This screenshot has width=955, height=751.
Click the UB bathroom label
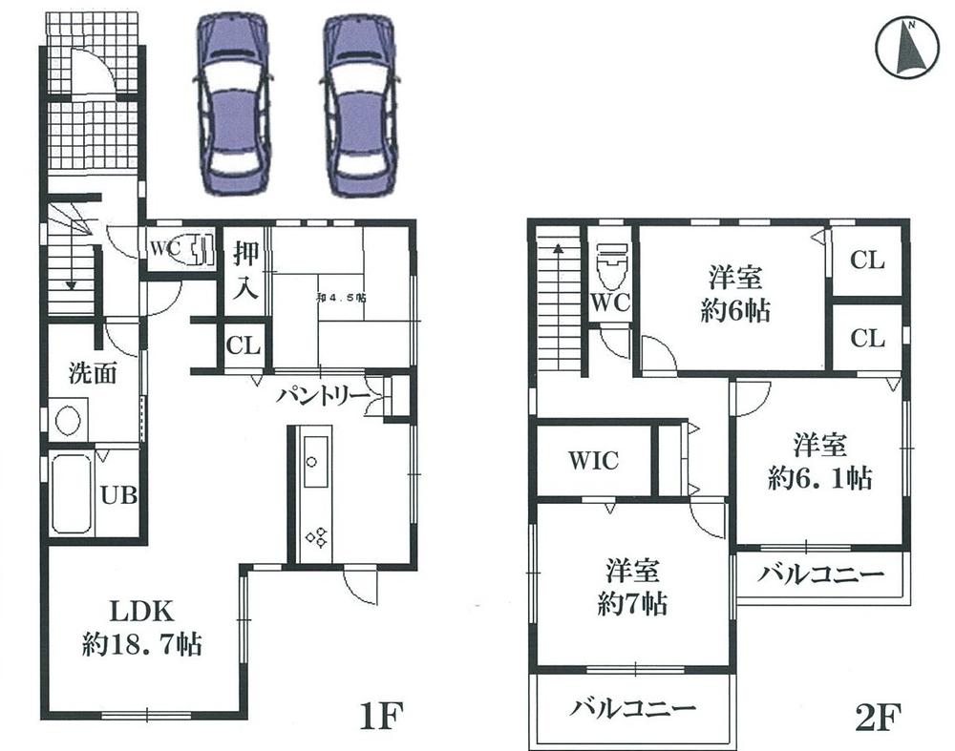coord(118,495)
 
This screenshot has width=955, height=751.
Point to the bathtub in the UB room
coord(73,495)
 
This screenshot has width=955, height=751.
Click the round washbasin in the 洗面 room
coord(67,420)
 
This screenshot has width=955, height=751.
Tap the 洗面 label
coord(92,373)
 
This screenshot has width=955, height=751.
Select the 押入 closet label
coord(245,271)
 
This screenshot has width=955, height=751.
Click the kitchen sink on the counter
coord(311,462)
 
